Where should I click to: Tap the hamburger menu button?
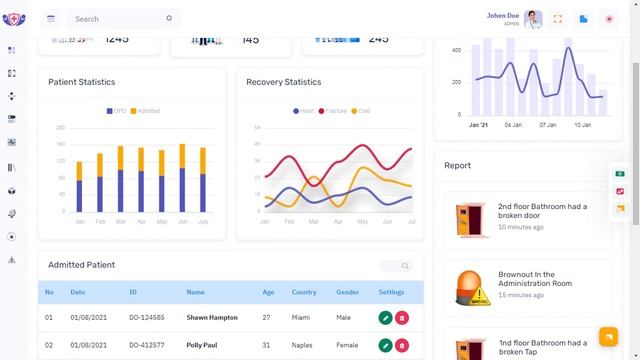51,18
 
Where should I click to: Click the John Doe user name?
503,15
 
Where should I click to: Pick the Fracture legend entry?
335,111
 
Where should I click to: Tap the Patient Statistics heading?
81,82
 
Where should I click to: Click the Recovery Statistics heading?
283,82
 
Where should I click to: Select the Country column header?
304,293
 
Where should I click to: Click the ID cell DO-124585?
146,318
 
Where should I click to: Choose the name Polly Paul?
202,345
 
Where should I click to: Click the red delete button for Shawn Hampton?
402,318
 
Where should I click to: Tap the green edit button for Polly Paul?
385,345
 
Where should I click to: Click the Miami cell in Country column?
302,318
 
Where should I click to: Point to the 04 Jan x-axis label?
513,125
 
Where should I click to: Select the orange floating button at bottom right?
608,336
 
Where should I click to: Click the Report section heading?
457,165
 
